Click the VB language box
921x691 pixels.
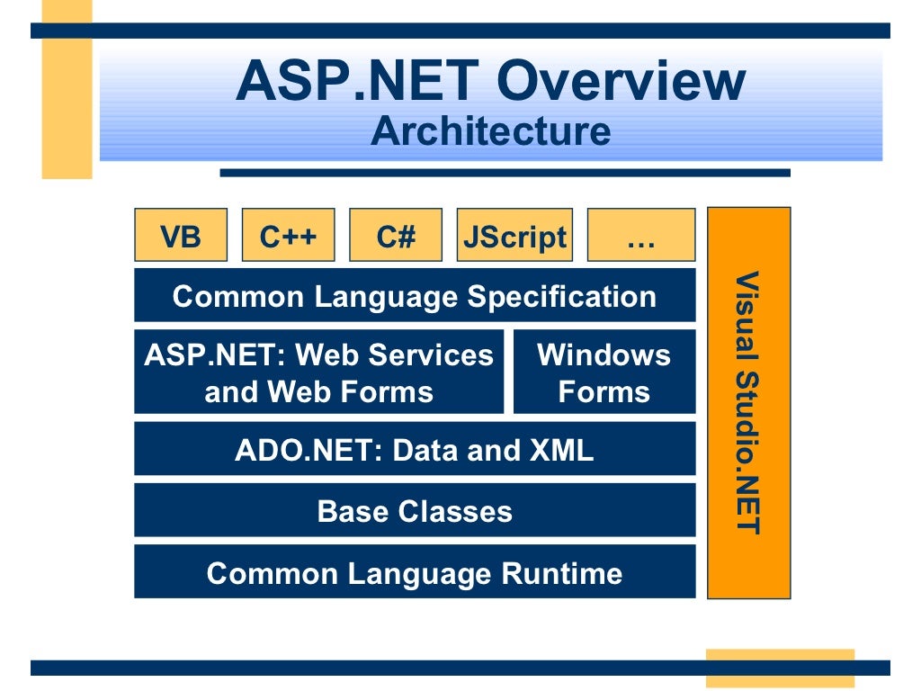[181, 237]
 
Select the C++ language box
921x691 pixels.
[288, 237]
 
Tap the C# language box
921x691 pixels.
[396, 237]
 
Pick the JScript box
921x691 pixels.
[514, 237]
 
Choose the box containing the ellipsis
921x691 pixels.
[640, 237]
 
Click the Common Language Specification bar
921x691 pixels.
[415, 296]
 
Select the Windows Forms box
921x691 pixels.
[604, 372]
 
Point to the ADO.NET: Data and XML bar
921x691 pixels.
[415, 449]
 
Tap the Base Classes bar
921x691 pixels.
[415, 511]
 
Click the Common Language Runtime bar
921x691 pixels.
[415, 573]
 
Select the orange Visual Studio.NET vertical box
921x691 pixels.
[748, 402]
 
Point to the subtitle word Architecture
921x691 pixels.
[490, 131]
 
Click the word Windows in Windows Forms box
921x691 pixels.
[604, 354]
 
